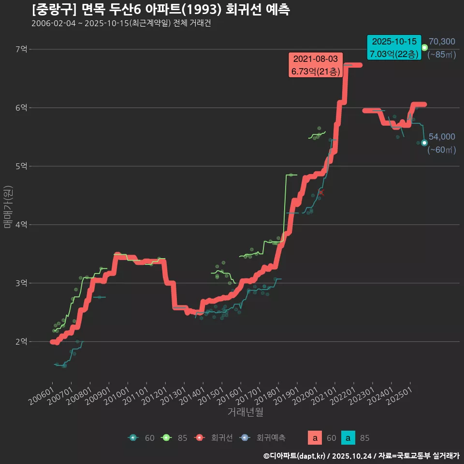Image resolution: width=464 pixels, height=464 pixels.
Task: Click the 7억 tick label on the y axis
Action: click(22, 49)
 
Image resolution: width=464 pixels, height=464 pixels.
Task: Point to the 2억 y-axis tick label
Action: click(22, 342)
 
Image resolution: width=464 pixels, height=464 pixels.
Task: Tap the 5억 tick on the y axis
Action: click(22, 166)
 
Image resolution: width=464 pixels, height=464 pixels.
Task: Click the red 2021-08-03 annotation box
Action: click(316, 65)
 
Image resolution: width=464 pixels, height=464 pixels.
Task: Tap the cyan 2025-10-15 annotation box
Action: click(394, 48)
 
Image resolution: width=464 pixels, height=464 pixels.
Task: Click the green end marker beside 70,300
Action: click(424, 47)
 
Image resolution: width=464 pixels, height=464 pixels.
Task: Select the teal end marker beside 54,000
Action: click(424, 143)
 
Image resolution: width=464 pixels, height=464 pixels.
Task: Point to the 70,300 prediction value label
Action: click(442, 42)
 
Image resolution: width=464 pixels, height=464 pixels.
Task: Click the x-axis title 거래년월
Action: click(246, 412)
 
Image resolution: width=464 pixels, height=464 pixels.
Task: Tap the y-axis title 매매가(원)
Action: click(8, 207)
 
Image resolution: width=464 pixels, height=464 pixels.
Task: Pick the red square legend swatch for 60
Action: click(315, 438)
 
